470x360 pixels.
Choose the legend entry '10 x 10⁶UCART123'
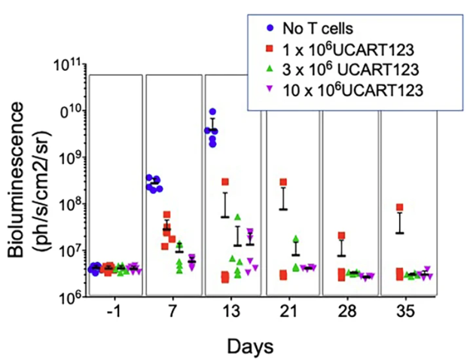[x=346, y=90]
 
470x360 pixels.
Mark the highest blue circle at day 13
[x=213, y=112]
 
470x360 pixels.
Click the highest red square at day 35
[x=400, y=207]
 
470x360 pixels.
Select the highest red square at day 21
[x=283, y=182]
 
